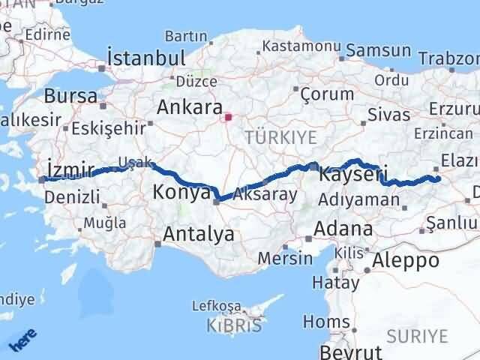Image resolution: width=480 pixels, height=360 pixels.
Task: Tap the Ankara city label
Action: tap(189, 107)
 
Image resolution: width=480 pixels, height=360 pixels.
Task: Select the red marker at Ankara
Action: tap(228, 117)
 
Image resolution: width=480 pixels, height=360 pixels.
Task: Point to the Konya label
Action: tap(181, 193)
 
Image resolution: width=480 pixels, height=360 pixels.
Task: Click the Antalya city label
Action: tap(199, 235)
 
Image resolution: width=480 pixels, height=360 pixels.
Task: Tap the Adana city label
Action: tap(344, 228)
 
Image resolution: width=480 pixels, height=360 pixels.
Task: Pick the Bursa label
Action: tap(70, 96)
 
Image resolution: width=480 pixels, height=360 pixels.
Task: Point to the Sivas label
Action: tap(389, 115)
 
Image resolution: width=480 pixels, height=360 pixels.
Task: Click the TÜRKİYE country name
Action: tap(280, 137)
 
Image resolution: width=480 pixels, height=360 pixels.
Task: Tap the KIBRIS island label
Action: tap(235, 325)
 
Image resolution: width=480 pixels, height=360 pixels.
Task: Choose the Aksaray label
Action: tap(265, 193)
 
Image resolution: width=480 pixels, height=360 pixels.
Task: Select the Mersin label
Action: tap(285, 258)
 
